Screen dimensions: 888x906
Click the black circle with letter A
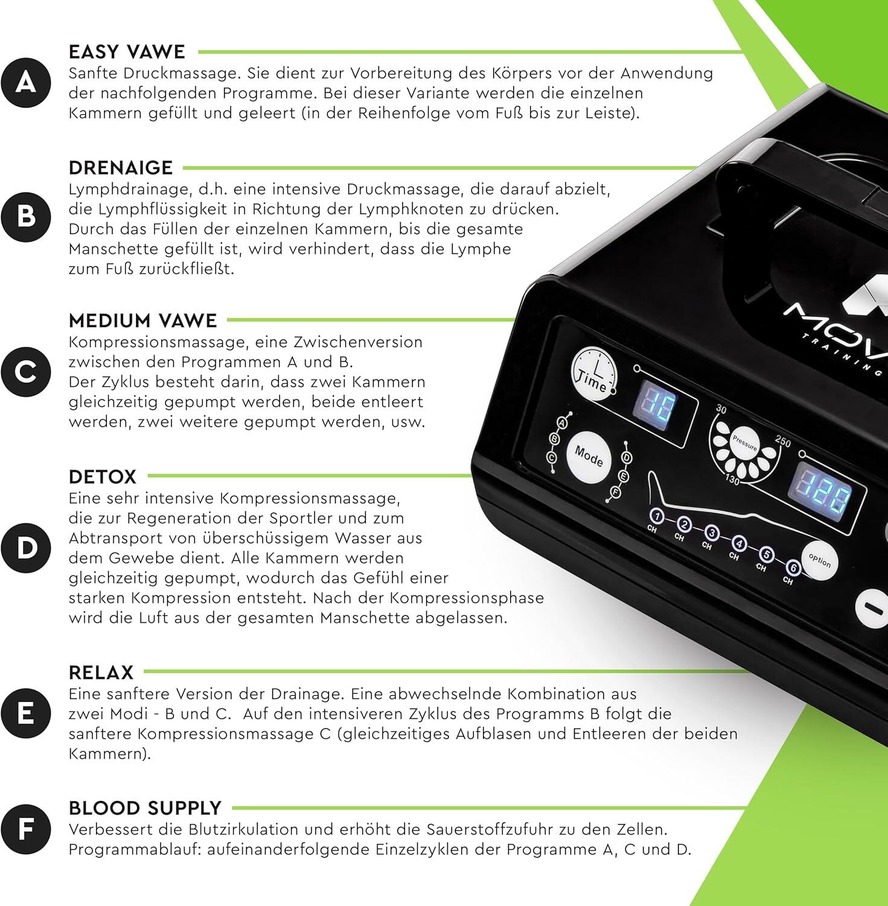(x=26, y=82)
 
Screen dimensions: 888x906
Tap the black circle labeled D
(x=26, y=548)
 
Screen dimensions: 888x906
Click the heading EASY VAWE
(x=127, y=52)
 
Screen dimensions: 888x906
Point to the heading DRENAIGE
(x=121, y=167)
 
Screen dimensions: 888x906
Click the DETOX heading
(x=103, y=477)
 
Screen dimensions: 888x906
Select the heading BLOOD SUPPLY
(x=145, y=808)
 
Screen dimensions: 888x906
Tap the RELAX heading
(x=101, y=672)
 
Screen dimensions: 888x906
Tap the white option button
(x=820, y=561)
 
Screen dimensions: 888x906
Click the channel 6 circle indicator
(x=793, y=568)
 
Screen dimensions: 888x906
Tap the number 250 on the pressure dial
(x=782, y=442)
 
